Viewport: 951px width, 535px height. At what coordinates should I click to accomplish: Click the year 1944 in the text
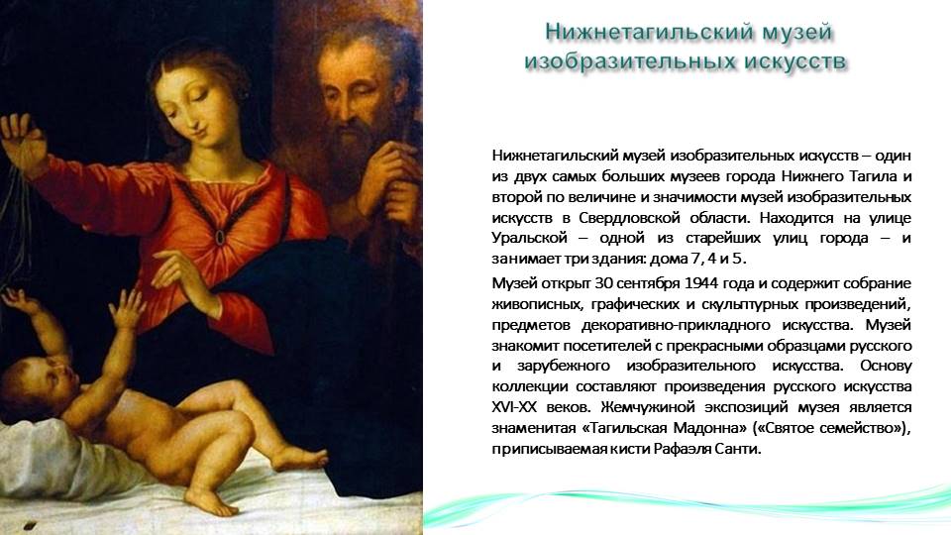701,283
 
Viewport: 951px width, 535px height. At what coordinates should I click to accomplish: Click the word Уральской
529,239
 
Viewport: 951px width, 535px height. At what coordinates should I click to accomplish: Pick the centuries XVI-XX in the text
512,407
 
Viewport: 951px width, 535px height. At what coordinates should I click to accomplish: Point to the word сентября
649,284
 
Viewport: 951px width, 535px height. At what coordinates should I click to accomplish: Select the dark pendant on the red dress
220,237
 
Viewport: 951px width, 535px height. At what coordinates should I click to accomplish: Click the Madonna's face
198,100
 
